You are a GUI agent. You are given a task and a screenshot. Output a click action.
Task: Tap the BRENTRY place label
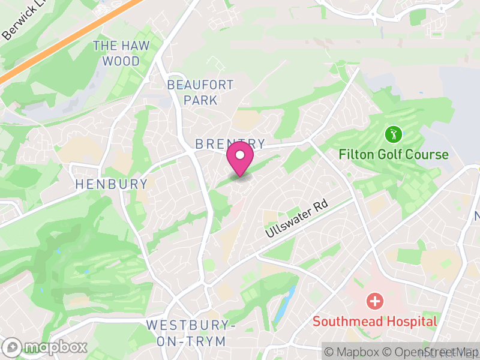(x=230, y=144)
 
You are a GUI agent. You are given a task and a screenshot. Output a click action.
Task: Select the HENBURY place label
(x=112, y=184)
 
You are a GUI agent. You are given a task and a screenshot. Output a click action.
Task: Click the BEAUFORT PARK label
(x=200, y=92)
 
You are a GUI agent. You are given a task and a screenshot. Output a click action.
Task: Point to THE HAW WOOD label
(x=121, y=53)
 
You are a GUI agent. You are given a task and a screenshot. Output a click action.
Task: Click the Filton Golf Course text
(x=393, y=154)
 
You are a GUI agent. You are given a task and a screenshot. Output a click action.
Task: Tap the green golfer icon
(x=393, y=133)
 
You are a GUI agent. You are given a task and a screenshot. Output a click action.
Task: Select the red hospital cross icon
(x=375, y=300)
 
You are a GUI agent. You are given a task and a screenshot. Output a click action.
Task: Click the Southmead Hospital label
(x=375, y=321)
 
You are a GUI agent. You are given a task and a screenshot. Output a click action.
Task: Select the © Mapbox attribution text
(x=354, y=352)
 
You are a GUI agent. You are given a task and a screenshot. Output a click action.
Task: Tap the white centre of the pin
(x=240, y=155)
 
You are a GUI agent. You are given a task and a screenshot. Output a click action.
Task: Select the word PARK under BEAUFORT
(x=200, y=100)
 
